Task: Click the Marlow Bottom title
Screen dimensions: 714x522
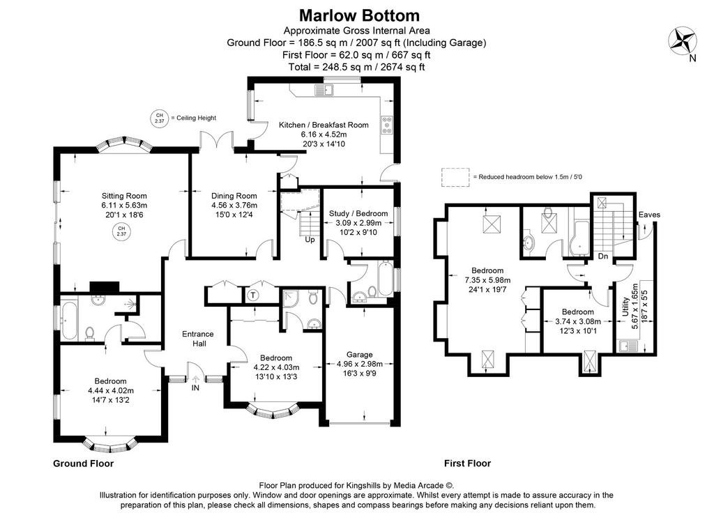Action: pos(359,15)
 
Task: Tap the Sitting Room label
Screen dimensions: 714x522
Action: pos(124,196)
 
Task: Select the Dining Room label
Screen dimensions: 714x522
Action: pos(234,196)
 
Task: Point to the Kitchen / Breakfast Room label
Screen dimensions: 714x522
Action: pos(324,125)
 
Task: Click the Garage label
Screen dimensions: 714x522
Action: pos(360,355)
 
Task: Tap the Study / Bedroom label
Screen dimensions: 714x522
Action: pos(358,213)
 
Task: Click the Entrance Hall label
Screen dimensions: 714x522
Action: pos(198,339)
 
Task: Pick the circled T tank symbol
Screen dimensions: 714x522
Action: pos(253,295)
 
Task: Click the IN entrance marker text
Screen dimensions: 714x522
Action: pos(195,387)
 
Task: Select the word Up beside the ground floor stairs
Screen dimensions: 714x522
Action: pos(310,240)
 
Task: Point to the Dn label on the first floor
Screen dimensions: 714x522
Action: pos(603,256)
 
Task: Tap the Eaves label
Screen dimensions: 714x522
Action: pos(649,215)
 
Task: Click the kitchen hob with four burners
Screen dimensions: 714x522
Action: pos(387,124)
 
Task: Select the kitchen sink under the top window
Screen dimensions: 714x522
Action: pos(324,90)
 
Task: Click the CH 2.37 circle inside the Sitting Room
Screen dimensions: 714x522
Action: pos(121,231)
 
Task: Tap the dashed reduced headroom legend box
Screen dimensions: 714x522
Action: pos(455,177)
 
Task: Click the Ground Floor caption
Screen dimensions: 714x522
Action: pos(84,463)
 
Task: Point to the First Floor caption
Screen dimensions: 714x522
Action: pos(468,463)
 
